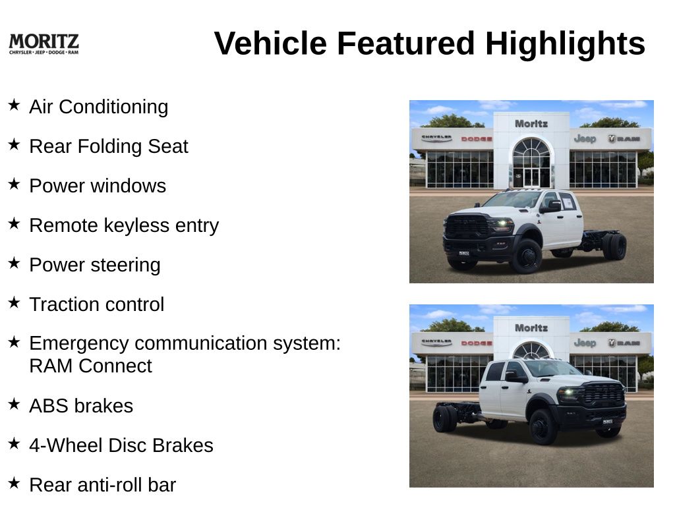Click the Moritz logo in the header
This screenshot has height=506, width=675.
point(44,44)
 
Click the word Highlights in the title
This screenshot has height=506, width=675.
point(565,43)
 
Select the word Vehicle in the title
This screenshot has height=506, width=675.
point(270,43)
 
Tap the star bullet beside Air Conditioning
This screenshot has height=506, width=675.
point(15,105)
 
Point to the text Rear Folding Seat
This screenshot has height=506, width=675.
point(109,146)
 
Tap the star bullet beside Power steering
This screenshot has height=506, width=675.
point(15,263)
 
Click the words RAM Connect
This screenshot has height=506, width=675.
point(90,366)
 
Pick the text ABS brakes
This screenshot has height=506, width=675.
point(81,406)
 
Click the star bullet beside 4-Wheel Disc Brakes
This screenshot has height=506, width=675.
point(15,443)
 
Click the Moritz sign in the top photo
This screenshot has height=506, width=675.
point(531,124)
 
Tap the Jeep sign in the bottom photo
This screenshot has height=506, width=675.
point(585,343)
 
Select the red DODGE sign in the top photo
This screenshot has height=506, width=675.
point(477,139)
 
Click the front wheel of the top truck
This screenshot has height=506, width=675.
point(527,256)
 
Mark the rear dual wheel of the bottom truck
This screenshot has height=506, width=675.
point(444,418)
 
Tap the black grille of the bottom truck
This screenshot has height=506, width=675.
point(604,394)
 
